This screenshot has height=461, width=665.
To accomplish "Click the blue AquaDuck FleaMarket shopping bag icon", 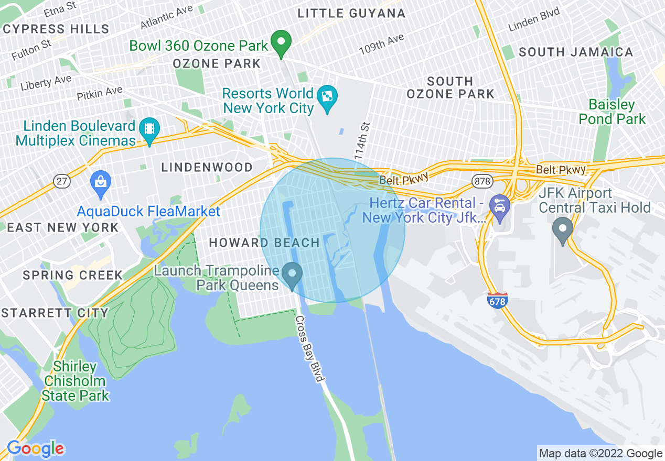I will tap(100, 184).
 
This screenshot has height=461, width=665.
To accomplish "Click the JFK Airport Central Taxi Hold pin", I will tap(563, 230).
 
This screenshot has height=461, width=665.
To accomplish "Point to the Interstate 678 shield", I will tap(497, 301).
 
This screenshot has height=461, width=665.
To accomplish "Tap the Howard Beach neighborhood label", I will tap(264, 243).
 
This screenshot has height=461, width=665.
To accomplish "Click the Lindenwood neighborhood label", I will tap(207, 168).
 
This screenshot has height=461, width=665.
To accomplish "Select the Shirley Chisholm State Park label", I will tap(76, 381).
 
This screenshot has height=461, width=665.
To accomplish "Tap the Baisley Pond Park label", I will tap(612, 112).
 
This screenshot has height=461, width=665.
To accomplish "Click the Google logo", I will tap(36, 448).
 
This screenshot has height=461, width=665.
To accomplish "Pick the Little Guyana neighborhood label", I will tap(351, 14).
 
